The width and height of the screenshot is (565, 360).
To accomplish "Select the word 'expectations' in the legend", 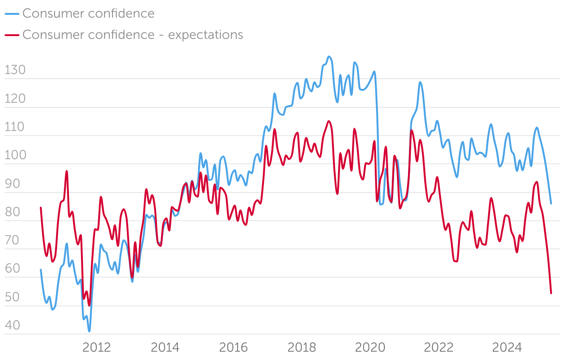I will click(205, 35).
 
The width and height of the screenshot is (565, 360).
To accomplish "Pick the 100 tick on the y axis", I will click(15, 156).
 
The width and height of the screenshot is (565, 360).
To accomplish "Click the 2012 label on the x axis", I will click(96, 348).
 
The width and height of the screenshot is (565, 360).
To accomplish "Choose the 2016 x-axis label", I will click(233, 348).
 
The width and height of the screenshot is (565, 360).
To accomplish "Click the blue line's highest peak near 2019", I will click(329, 57).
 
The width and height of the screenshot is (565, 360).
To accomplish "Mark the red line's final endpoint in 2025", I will click(551, 293).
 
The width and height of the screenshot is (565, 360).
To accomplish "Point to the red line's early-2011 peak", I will click(67, 171).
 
